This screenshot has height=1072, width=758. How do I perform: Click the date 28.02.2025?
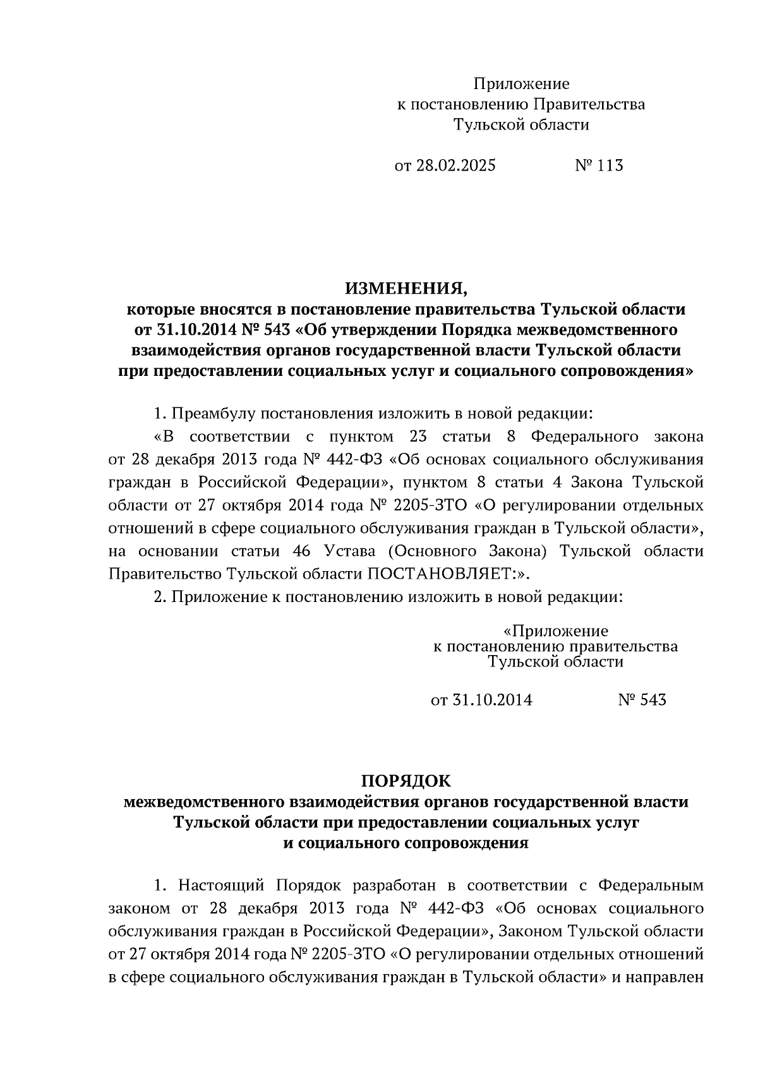pyautogui.click(x=455, y=166)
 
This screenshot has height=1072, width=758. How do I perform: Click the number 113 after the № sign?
pyautogui.click(x=609, y=166)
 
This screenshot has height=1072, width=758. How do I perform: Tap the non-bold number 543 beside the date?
pyautogui.click(x=652, y=700)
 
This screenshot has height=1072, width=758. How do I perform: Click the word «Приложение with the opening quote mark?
pyautogui.click(x=556, y=631)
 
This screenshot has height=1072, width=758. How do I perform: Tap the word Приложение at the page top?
pyautogui.click(x=522, y=84)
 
